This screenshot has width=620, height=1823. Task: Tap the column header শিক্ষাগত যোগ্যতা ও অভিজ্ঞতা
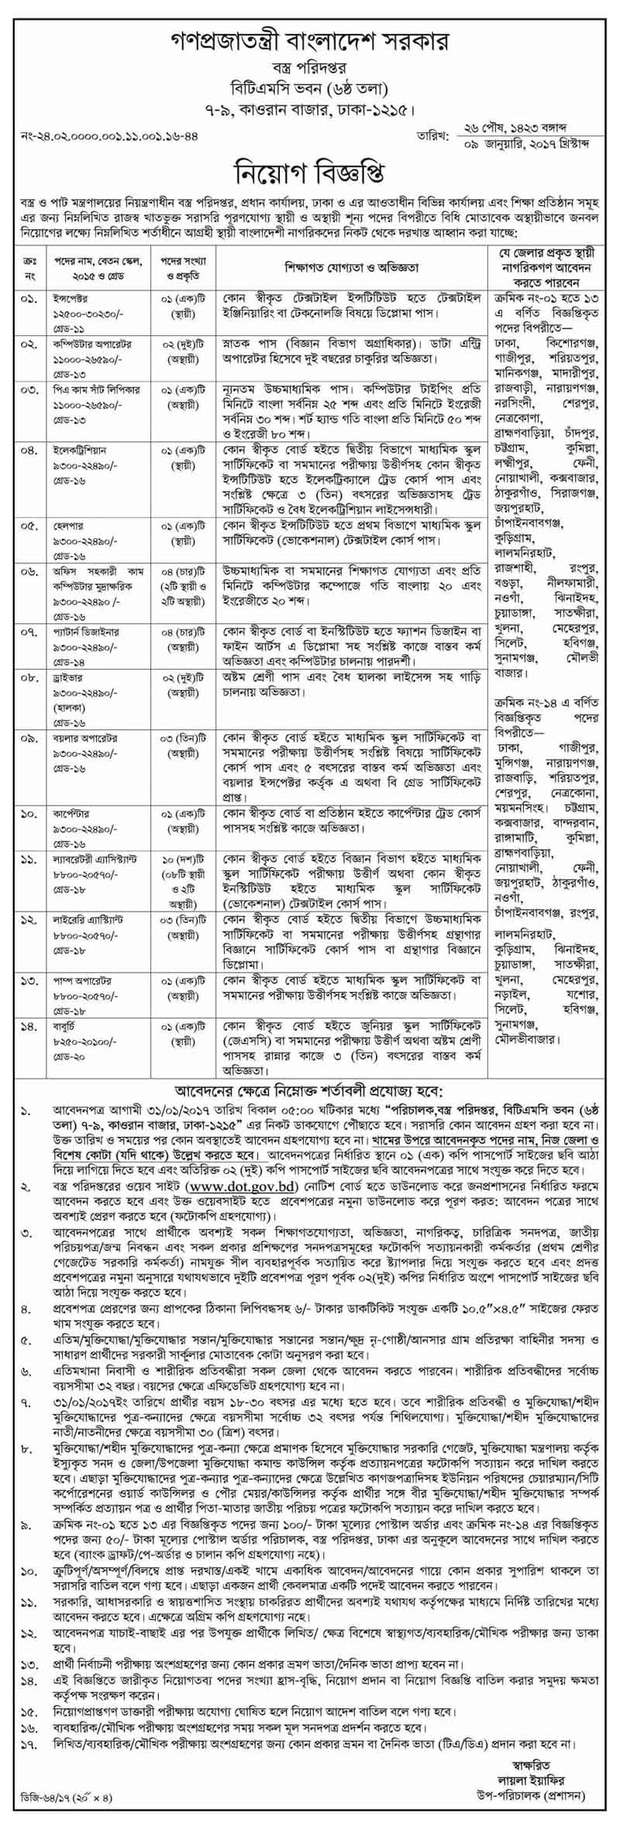click(351, 268)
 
